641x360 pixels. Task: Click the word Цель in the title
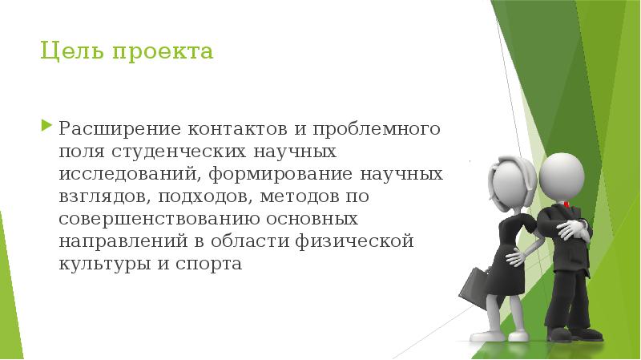click(x=64, y=54)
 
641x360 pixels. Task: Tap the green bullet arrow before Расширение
click(x=46, y=127)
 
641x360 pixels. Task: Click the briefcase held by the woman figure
click(x=473, y=287)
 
